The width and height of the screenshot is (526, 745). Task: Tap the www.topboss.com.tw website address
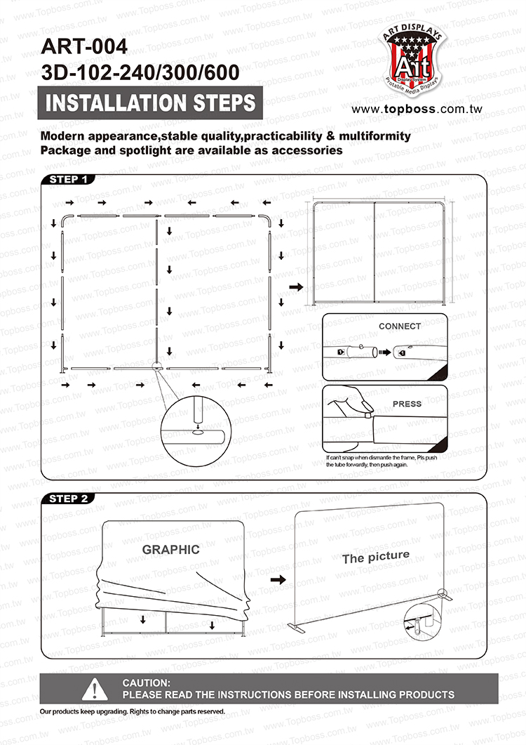point(417,110)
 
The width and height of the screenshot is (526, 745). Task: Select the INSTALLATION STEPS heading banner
point(150,103)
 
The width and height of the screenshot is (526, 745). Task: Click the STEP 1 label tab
point(69,179)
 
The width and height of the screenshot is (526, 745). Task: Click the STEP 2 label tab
point(69,499)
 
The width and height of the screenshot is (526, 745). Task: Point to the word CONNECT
point(400,327)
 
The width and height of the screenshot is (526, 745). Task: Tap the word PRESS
point(407,404)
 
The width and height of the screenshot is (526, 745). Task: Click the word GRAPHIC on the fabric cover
point(171,550)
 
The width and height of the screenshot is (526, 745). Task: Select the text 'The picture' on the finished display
point(375,558)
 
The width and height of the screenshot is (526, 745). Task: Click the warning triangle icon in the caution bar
point(95,690)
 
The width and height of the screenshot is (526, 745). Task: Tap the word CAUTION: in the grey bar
point(146,683)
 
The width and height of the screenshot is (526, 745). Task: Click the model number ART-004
point(85,47)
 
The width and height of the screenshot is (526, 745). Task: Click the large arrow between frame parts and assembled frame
point(295,287)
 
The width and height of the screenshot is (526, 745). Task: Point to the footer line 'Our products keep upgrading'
point(133,711)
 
